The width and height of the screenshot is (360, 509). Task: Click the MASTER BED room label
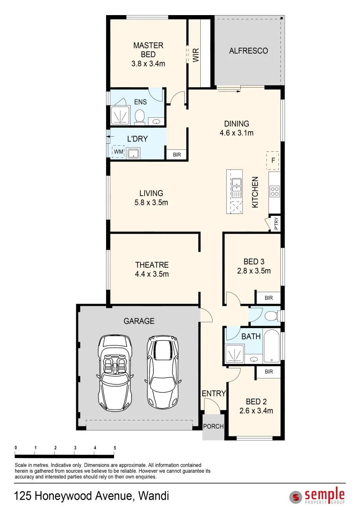[148, 46]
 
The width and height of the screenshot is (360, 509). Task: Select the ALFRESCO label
[248, 50]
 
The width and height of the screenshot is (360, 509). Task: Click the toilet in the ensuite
[139, 116]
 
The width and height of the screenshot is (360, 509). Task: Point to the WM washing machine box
[118, 152]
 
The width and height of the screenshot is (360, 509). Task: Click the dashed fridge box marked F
[273, 160]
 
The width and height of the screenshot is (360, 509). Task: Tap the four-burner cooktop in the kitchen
[274, 191]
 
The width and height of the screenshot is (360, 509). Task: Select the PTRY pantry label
[276, 223]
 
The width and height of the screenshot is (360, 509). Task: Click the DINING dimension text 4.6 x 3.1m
[237, 133]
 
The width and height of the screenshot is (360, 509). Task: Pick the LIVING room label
[151, 193]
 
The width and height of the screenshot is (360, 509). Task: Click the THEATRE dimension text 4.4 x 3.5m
[151, 274]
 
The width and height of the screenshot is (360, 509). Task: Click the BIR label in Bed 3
[269, 298]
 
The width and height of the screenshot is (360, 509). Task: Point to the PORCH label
[213, 427]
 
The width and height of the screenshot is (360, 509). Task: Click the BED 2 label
[256, 402]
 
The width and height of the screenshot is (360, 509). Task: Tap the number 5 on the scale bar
[115, 448]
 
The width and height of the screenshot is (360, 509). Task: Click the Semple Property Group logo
[317, 496]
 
